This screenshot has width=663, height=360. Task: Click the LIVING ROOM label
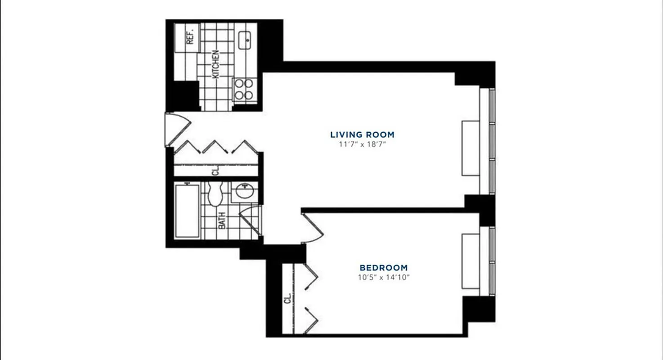pos(362,135)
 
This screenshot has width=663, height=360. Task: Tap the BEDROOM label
pos(383,268)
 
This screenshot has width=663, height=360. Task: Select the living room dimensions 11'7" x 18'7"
pos(362,144)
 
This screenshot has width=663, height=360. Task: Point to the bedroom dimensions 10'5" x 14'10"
pos(383,278)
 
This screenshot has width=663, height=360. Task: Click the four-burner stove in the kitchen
pos(244,89)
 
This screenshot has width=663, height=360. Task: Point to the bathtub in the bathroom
pos(187,210)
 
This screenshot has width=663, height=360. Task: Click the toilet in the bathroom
pos(215,193)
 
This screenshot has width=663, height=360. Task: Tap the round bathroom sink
pos(245,192)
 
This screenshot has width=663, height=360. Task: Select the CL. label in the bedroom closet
pos(287,299)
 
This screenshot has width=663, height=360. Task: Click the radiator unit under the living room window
pos(470,148)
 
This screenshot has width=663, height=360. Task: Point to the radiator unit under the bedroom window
pos(470,261)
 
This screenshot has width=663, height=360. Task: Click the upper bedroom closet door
pos(310,276)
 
